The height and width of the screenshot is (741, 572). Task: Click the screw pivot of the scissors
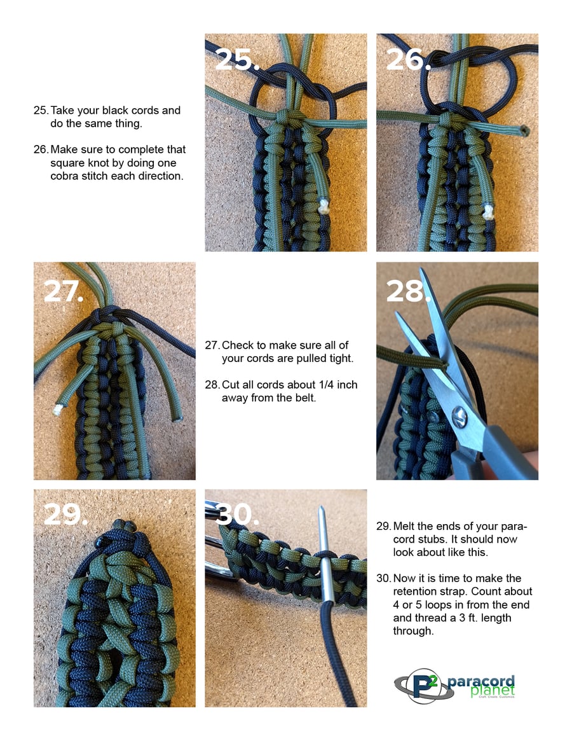click(x=460, y=417)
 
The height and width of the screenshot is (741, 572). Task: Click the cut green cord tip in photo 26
click(x=523, y=130)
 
